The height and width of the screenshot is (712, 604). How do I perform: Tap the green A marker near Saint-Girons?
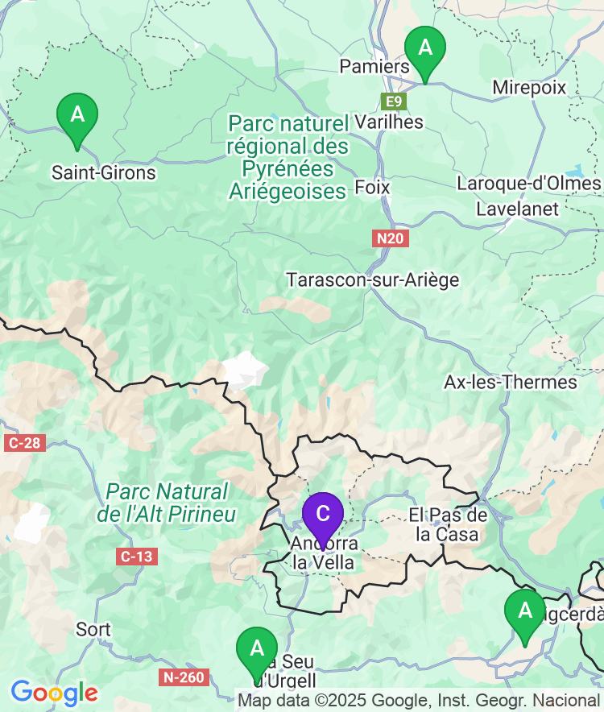(x=77, y=116)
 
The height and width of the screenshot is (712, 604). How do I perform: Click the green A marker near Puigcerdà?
(x=525, y=613)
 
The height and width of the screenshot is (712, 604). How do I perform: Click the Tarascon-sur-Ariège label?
(x=373, y=280)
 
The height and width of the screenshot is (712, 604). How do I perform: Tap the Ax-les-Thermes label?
(x=511, y=382)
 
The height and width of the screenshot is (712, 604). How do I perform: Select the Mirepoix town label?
(x=529, y=87)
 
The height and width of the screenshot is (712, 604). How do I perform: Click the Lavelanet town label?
(x=517, y=209)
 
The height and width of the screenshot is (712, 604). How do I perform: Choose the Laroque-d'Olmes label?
(x=528, y=184)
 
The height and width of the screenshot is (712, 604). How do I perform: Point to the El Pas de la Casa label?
(x=448, y=524)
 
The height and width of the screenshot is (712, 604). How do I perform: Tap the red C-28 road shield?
(x=23, y=443)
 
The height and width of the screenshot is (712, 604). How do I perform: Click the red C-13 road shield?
(x=135, y=557)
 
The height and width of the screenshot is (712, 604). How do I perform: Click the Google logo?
(x=54, y=692)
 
